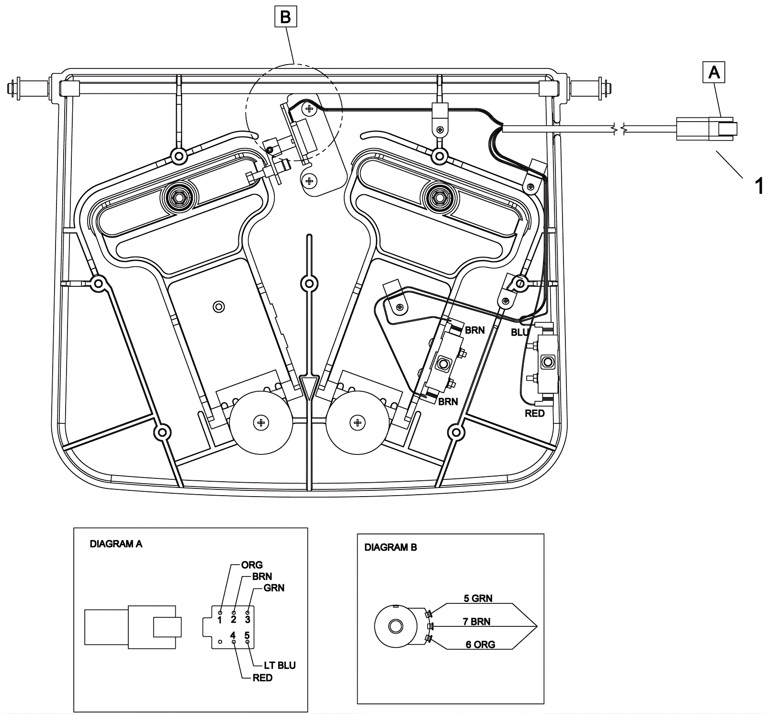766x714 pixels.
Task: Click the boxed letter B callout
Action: tap(285, 18)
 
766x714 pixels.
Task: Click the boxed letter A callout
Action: tap(714, 72)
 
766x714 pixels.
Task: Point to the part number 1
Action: tap(759, 186)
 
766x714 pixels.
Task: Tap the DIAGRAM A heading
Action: tap(116, 544)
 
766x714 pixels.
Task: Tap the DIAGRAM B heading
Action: tap(391, 547)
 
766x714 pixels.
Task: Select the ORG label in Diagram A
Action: tap(252, 565)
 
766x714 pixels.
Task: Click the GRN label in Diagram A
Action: tap(274, 588)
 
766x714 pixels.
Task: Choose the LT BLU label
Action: tap(280, 666)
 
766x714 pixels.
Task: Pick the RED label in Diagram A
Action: tap(262, 678)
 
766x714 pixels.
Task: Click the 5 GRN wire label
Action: tap(478, 599)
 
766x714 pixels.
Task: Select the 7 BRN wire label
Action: tap(476, 622)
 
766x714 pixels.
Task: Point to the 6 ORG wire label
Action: tap(480, 645)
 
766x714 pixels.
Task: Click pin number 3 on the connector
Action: tap(248, 620)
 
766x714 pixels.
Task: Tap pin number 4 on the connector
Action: tap(233, 635)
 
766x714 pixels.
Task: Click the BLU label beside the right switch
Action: tap(519, 332)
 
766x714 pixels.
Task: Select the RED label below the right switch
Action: tap(535, 413)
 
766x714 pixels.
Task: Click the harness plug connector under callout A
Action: tap(707, 129)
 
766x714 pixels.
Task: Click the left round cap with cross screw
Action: tap(261, 422)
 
